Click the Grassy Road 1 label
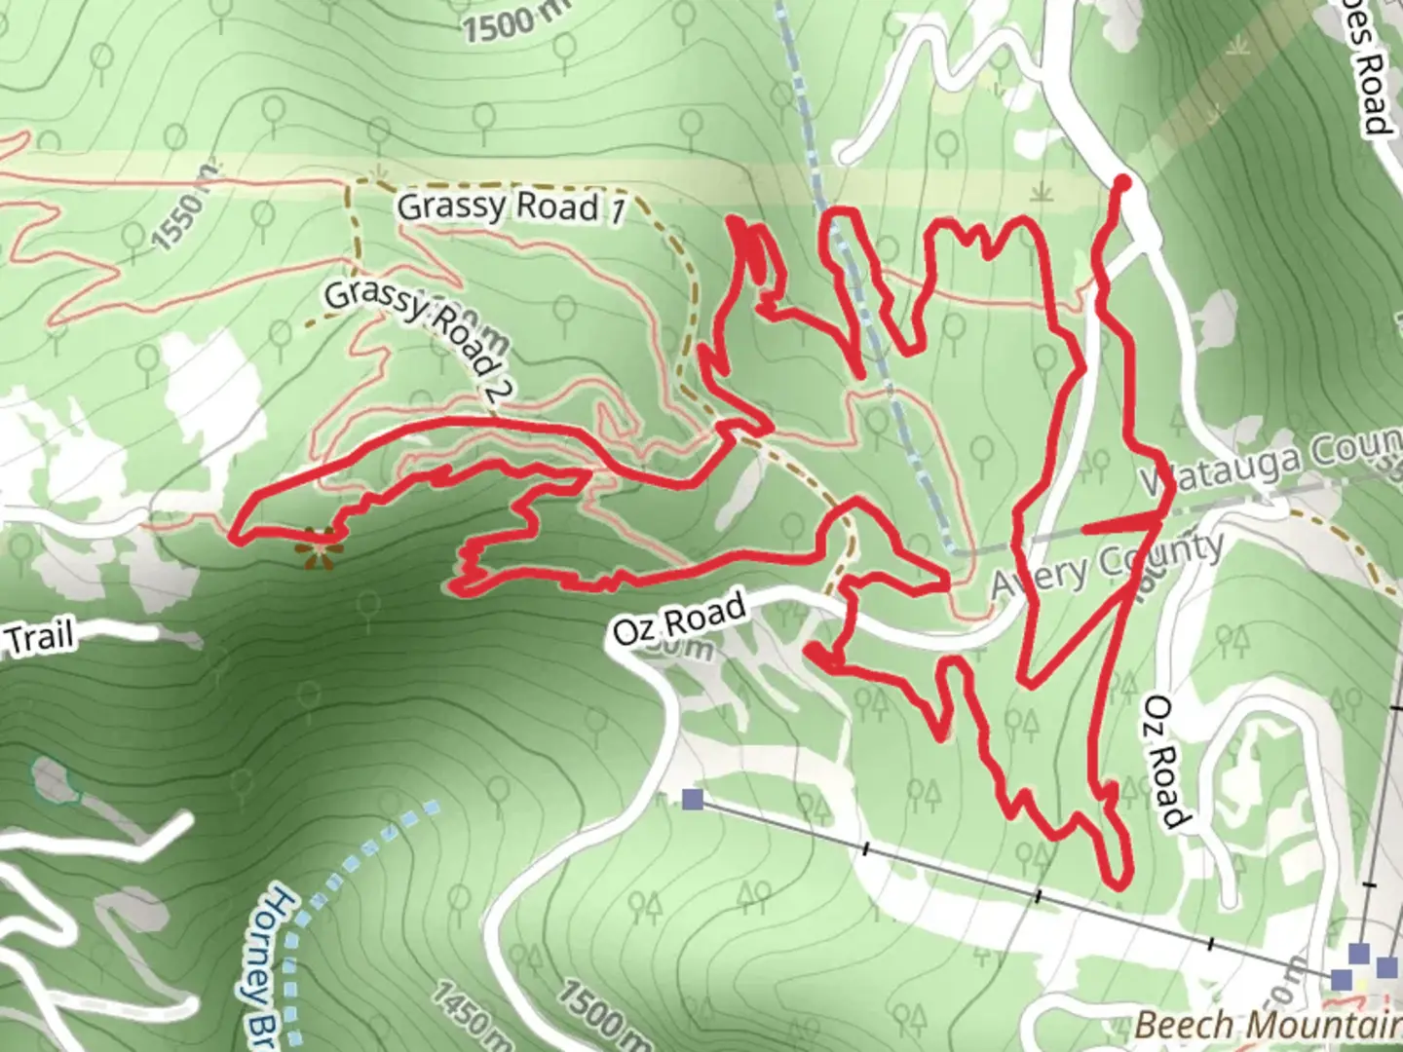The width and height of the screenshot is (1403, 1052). point(510,207)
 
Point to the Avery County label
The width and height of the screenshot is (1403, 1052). point(1107,568)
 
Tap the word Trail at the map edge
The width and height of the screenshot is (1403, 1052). point(39,638)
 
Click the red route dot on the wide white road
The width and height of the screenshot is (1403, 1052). point(1121,182)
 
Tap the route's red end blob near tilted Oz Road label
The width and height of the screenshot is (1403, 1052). point(813,651)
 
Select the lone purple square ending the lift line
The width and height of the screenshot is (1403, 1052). point(693,800)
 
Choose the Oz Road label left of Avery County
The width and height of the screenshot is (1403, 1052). point(679,620)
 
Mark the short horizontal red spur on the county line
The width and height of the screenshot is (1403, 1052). point(1120,526)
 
